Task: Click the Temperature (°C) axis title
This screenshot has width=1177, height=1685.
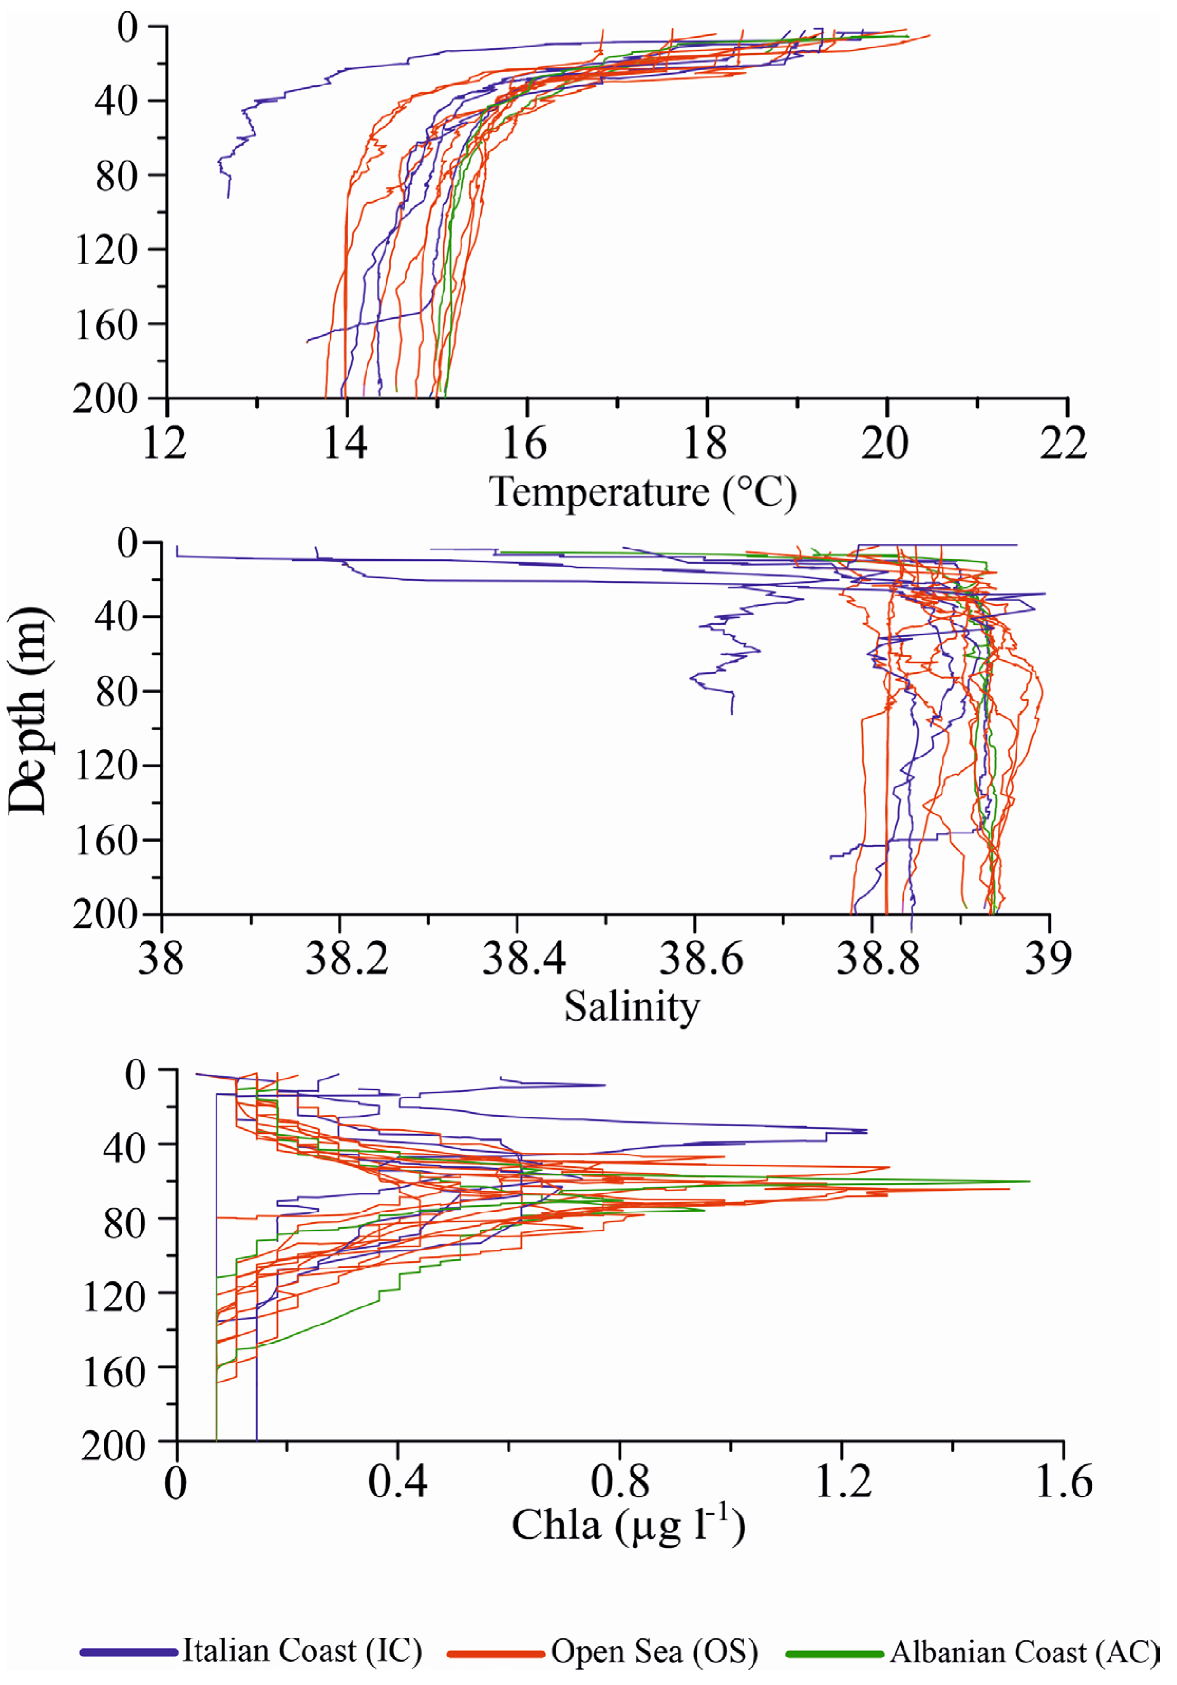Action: pyautogui.click(x=643, y=492)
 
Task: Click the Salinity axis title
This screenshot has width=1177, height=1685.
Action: pyautogui.click(x=632, y=1007)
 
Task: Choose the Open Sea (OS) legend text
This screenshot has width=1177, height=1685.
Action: pyautogui.click(x=654, y=1651)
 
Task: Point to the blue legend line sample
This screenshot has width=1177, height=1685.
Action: pyautogui.click(x=128, y=1652)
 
